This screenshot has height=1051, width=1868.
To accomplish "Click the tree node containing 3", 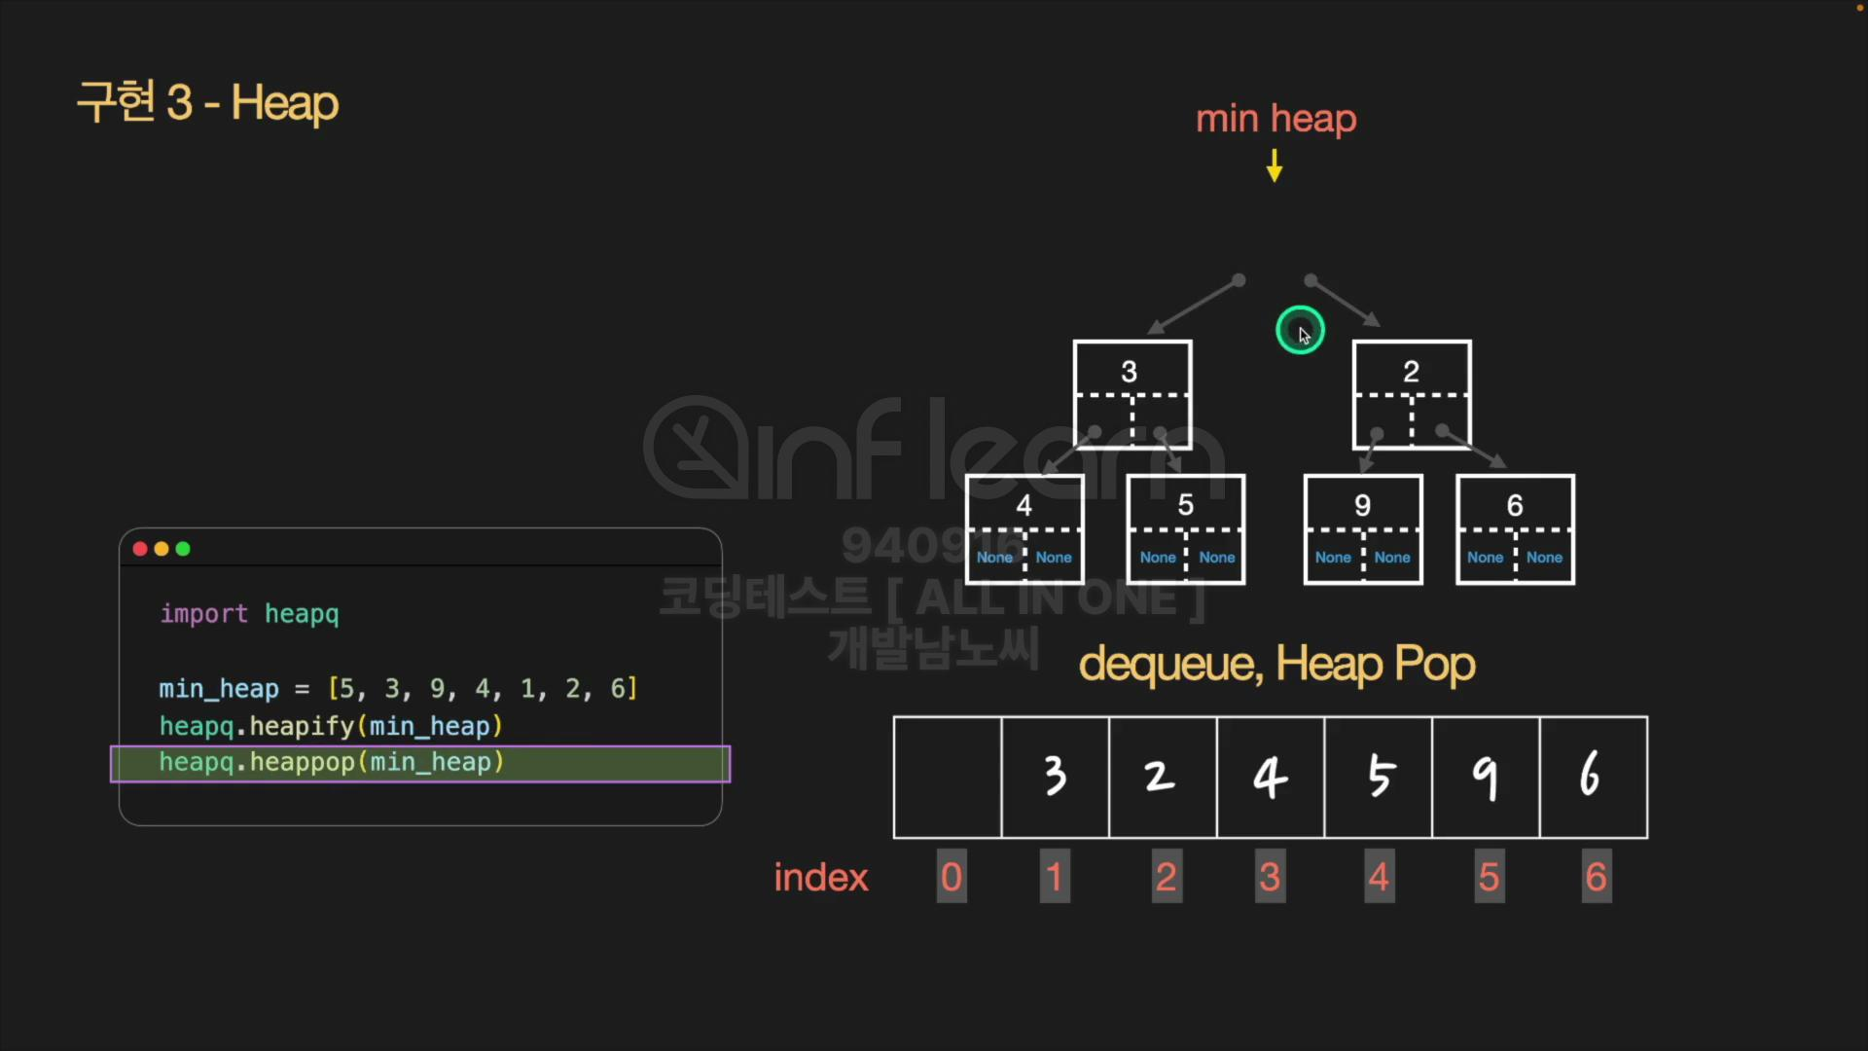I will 1132,393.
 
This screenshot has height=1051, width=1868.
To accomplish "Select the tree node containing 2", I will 1411,393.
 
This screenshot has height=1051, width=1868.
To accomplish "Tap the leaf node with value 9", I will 1362,528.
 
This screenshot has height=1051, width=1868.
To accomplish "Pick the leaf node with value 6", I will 1515,528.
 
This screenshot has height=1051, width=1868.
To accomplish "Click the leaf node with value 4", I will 1024,528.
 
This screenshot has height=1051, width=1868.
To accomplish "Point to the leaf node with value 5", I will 1185,528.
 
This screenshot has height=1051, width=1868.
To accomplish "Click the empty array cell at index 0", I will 948,777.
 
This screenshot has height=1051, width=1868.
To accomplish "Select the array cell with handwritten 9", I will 1486,777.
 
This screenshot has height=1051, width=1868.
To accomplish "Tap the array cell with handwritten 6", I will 1594,777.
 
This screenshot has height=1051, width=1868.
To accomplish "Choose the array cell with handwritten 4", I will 1270,777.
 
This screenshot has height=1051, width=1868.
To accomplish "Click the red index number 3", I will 1270,877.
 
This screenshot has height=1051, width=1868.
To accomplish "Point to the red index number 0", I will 952,877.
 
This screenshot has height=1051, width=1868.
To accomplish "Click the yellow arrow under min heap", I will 1275,165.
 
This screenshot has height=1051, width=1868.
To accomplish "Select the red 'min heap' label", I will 1275,119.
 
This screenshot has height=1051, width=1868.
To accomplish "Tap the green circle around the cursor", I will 1300,330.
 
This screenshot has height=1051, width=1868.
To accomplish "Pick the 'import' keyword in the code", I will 204,614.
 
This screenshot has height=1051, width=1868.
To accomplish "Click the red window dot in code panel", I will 140,549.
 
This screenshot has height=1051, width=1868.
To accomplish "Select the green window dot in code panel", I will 183,549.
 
